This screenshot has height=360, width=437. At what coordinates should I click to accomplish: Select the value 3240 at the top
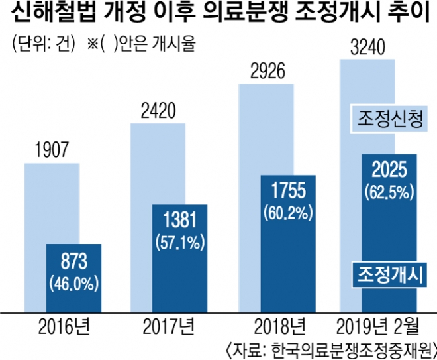(367, 48)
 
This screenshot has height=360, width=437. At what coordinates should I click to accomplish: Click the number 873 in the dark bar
(73, 260)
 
